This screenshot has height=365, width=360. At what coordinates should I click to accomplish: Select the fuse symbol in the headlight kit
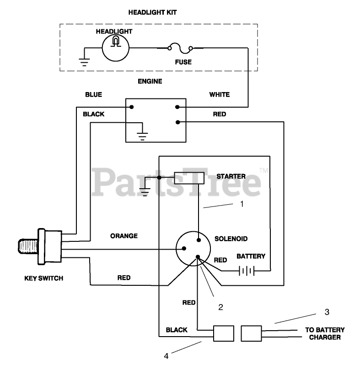click(181, 48)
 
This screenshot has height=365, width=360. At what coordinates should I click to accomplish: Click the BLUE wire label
click(93, 95)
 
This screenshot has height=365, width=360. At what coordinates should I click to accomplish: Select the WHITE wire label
click(219, 95)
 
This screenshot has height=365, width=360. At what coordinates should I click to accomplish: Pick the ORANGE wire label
click(124, 236)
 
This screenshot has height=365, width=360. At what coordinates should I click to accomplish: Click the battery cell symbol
click(246, 272)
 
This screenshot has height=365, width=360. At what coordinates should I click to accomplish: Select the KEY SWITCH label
click(44, 278)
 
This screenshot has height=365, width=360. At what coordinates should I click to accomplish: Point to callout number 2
click(220, 307)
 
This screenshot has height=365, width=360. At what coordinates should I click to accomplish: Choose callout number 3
click(327, 312)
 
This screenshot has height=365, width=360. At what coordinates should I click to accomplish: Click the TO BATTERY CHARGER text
click(325, 333)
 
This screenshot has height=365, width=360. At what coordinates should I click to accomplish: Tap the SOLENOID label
click(231, 239)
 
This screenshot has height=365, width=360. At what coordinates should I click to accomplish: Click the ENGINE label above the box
click(150, 81)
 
